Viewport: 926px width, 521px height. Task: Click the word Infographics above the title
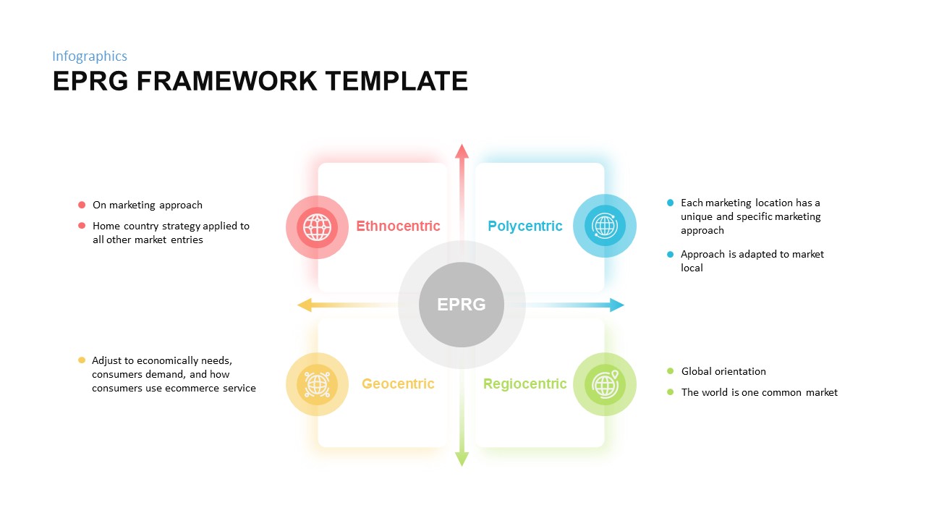[x=90, y=56]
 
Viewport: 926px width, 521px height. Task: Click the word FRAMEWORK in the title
[x=226, y=81]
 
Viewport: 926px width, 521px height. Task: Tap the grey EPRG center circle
[x=462, y=305]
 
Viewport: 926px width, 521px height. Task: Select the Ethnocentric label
[x=398, y=226]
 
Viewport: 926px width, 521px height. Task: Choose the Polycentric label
[x=524, y=226]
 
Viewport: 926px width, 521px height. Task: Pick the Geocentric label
[x=398, y=384]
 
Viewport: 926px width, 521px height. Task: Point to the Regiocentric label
[x=524, y=384]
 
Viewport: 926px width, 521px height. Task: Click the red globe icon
[x=317, y=227]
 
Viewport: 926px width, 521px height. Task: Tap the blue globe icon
[x=604, y=226]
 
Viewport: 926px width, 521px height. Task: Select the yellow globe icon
[x=317, y=384]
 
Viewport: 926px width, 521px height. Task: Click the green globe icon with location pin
[x=604, y=384]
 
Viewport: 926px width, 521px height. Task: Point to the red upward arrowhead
[x=462, y=151]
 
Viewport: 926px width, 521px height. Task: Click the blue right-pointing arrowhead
[x=616, y=305]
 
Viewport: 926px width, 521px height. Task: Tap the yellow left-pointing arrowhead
[x=305, y=305]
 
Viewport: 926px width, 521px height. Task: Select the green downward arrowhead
[x=462, y=459]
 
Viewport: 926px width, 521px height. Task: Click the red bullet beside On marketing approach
[x=82, y=205]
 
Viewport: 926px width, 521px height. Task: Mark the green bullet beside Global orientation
[x=670, y=371]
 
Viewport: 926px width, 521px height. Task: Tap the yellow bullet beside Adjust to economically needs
[x=82, y=360]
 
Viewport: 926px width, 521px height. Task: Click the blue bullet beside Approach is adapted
[x=670, y=254]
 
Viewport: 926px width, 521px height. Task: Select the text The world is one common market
[x=759, y=392]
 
